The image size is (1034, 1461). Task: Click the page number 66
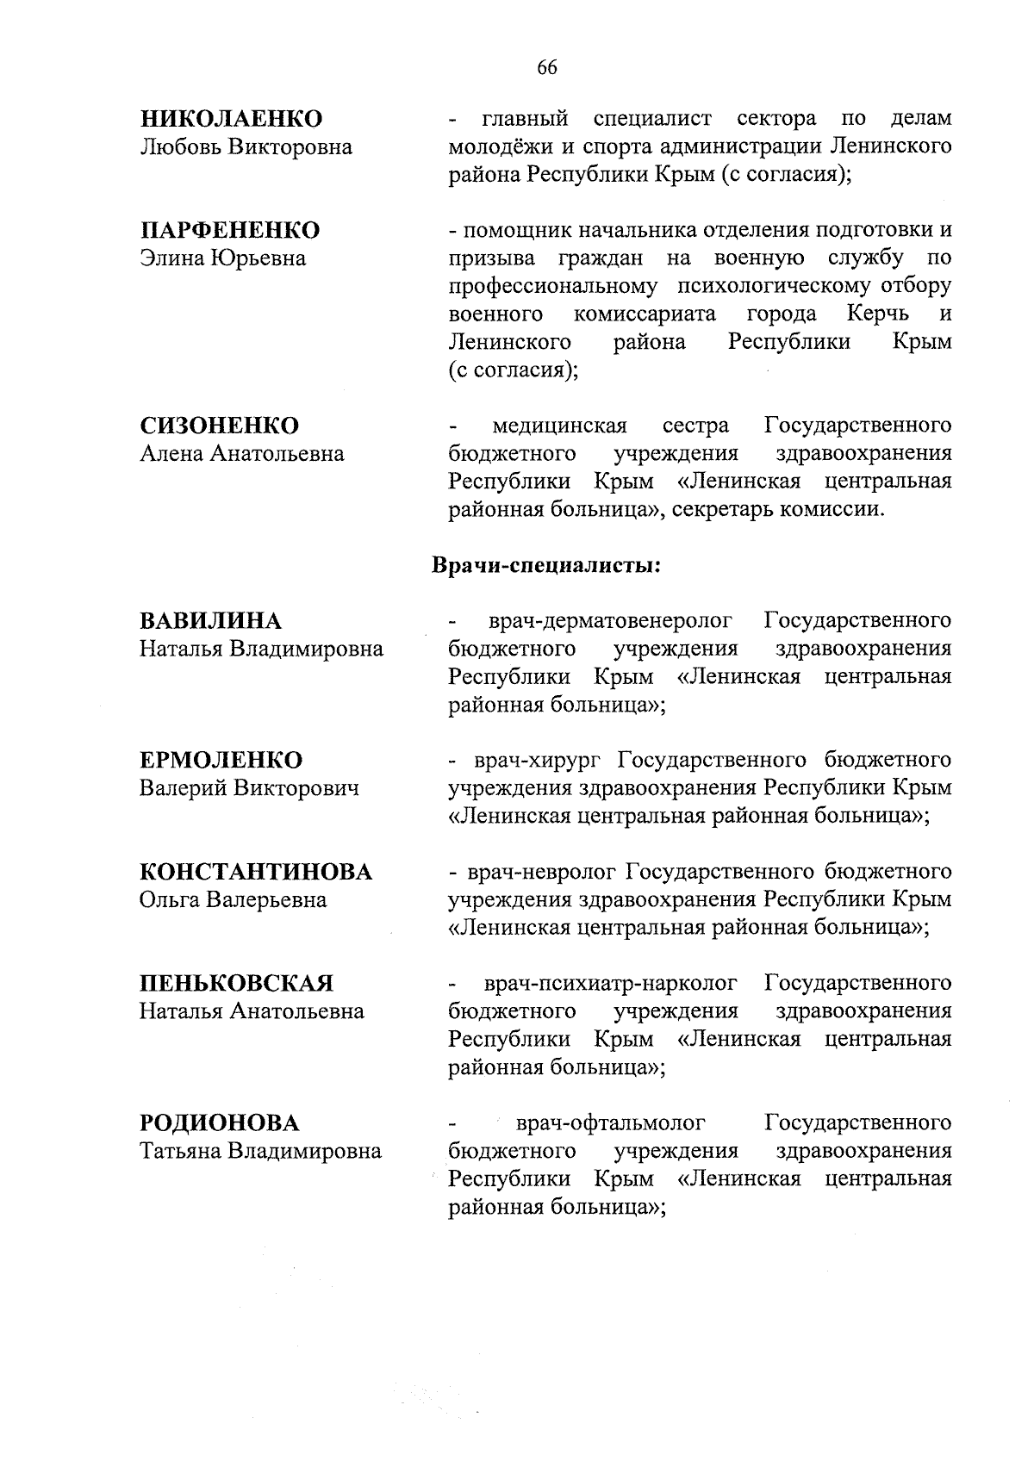[x=546, y=68]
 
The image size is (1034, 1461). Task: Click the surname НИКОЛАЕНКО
[x=231, y=119]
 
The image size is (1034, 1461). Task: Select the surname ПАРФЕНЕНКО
[x=229, y=230]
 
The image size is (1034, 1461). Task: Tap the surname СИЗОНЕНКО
[x=220, y=426]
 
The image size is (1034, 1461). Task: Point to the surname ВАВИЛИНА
[x=210, y=621]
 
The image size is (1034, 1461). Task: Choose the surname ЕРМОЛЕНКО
[x=221, y=761]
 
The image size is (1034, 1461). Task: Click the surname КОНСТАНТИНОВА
[x=256, y=872]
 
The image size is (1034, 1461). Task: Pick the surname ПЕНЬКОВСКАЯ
[x=236, y=984]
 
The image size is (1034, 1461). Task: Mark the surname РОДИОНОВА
[x=220, y=1123]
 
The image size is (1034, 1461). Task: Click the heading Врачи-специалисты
[x=545, y=566]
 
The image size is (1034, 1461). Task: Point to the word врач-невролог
[x=540, y=872]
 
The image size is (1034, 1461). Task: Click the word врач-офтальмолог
[x=610, y=1123]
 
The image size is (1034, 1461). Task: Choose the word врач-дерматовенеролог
[x=610, y=621]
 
